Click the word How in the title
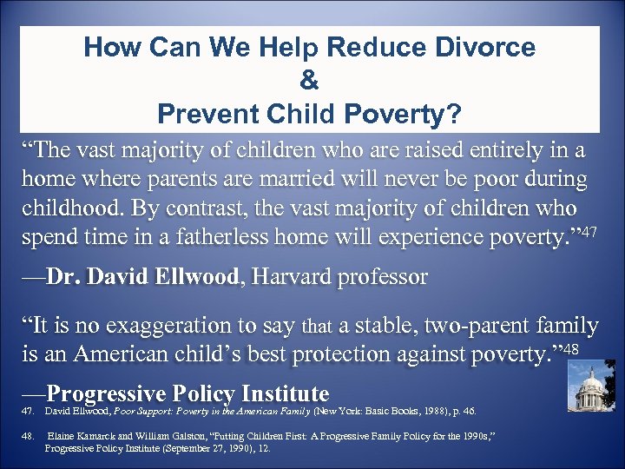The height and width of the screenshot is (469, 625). pos(109,48)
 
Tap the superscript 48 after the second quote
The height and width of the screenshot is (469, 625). pos(570,349)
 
